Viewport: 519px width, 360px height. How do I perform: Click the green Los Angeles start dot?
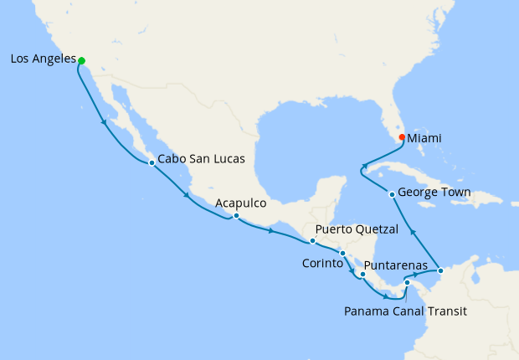point(81,60)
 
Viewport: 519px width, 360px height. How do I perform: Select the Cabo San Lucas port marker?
point(152,162)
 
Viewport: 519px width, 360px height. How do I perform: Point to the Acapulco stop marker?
point(237,216)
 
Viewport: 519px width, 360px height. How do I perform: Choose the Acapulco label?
point(240,203)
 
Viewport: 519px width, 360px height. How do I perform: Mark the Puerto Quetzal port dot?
point(312,241)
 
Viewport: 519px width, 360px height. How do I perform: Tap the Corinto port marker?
point(342,253)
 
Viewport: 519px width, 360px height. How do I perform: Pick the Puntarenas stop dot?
point(363,274)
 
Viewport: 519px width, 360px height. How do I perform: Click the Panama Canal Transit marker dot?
point(407,283)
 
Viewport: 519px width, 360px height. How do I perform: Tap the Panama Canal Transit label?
point(404,311)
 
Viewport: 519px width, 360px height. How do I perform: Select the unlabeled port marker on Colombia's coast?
point(441,270)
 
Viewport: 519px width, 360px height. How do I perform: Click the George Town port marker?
point(392,194)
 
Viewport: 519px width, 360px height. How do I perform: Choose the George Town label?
point(434,193)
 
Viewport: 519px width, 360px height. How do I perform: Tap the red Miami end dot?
point(402,137)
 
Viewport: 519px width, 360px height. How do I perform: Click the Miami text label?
point(425,138)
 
